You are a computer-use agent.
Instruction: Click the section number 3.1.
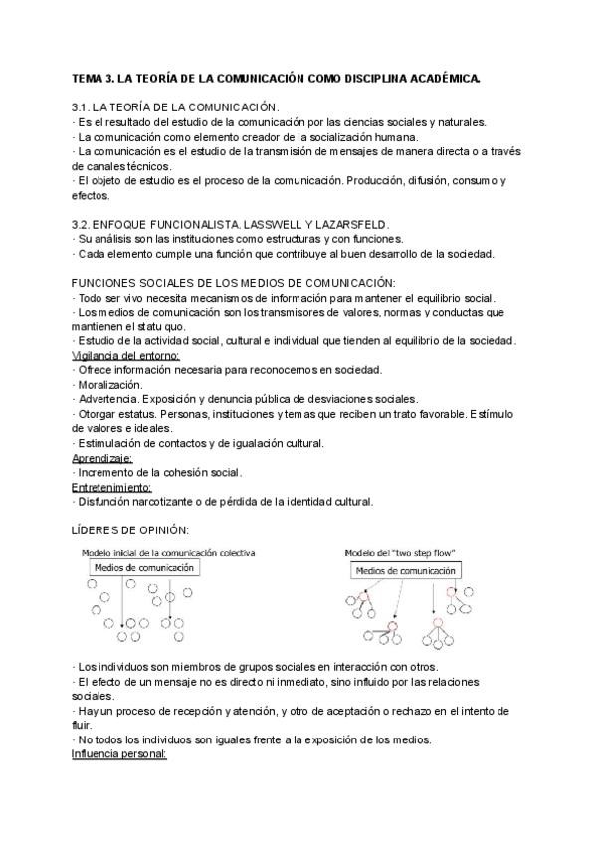coord(84,107)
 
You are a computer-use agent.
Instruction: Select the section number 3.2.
coord(84,225)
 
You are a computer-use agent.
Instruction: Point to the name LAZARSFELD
coord(349,225)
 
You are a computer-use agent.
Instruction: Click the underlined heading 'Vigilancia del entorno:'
coord(125,355)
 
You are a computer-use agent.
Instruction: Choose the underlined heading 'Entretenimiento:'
coord(111,487)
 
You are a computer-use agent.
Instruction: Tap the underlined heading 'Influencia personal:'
coord(119,754)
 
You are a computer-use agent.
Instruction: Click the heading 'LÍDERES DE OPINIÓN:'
coord(130,531)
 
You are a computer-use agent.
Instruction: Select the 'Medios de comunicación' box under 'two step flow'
coord(405,571)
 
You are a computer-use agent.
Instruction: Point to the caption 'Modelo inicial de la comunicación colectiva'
coord(166,551)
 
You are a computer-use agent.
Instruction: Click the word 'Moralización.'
coord(110,384)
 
